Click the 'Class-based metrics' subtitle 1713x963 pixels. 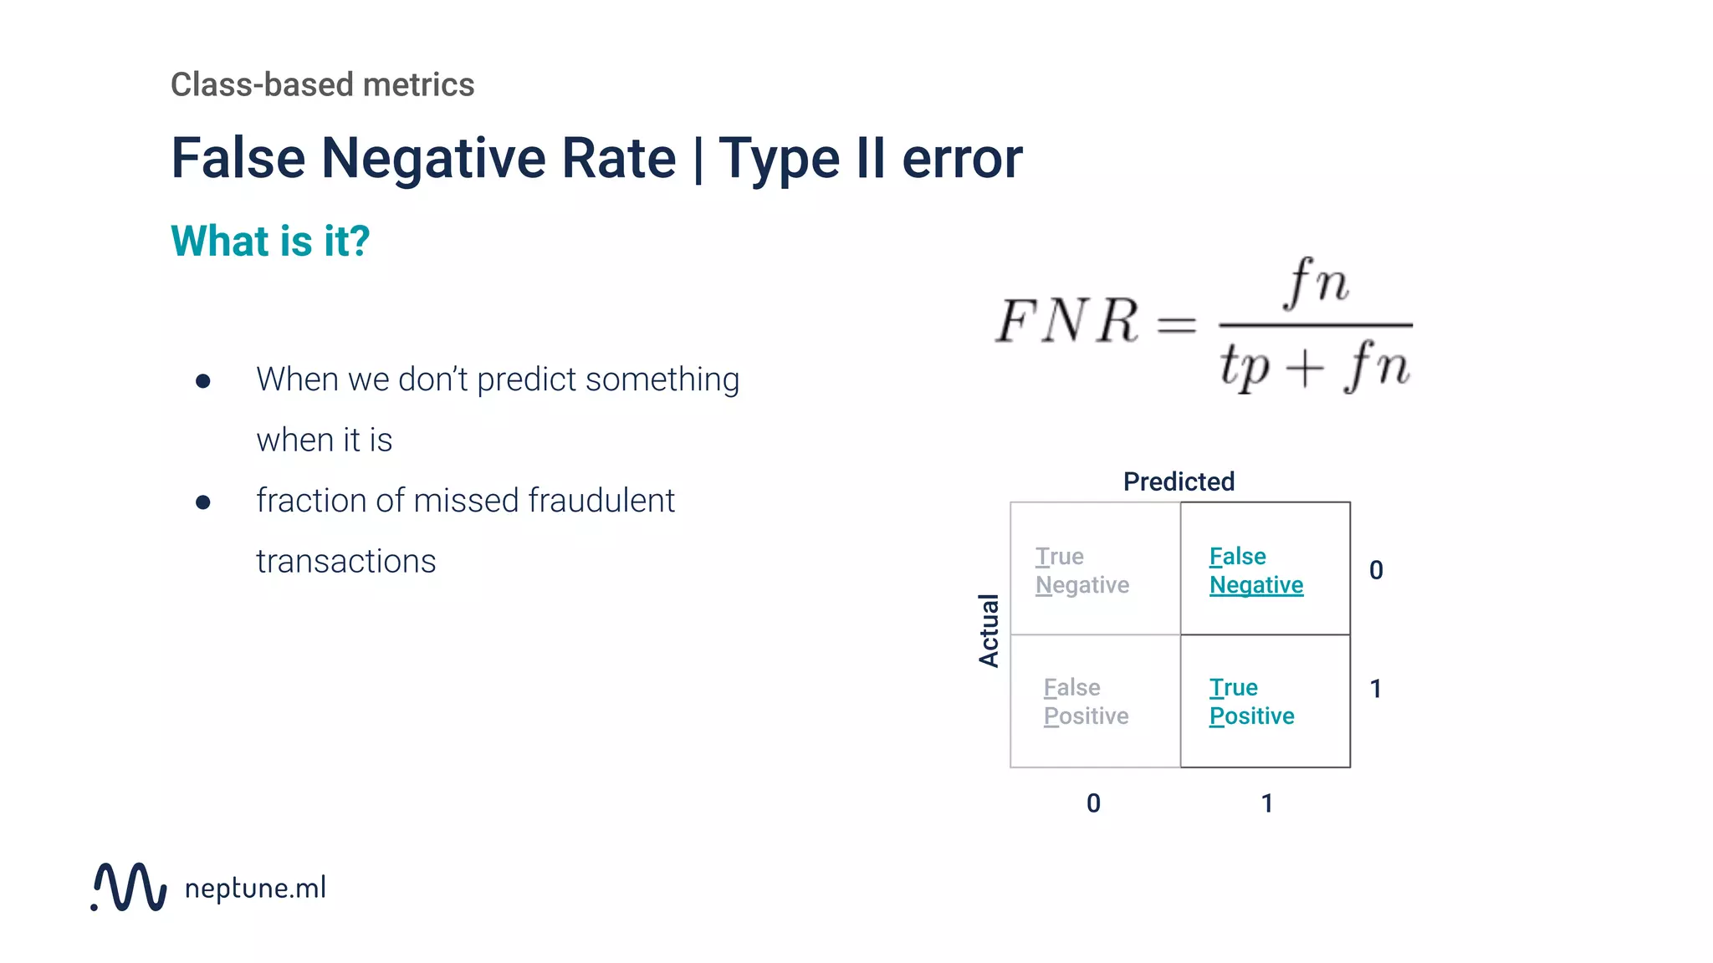(322, 84)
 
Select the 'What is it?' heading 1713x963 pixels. (270, 241)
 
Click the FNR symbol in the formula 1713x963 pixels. (1067, 321)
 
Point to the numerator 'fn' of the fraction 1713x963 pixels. (1317, 283)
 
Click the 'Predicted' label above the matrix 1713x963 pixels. (1179, 481)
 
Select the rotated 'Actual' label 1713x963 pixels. (989, 630)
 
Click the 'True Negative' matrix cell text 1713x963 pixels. (1081, 570)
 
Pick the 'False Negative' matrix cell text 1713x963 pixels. (1255, 570)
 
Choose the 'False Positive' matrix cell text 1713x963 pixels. (1086, 701)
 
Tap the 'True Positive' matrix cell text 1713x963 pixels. (1251, 701)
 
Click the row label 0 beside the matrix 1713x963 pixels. (1376, 570)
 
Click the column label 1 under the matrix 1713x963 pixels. (1267, 803)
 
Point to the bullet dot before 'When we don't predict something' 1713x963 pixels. (202, 381)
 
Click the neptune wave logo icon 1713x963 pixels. (129, 887)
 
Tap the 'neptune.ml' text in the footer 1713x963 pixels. (255, 888)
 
